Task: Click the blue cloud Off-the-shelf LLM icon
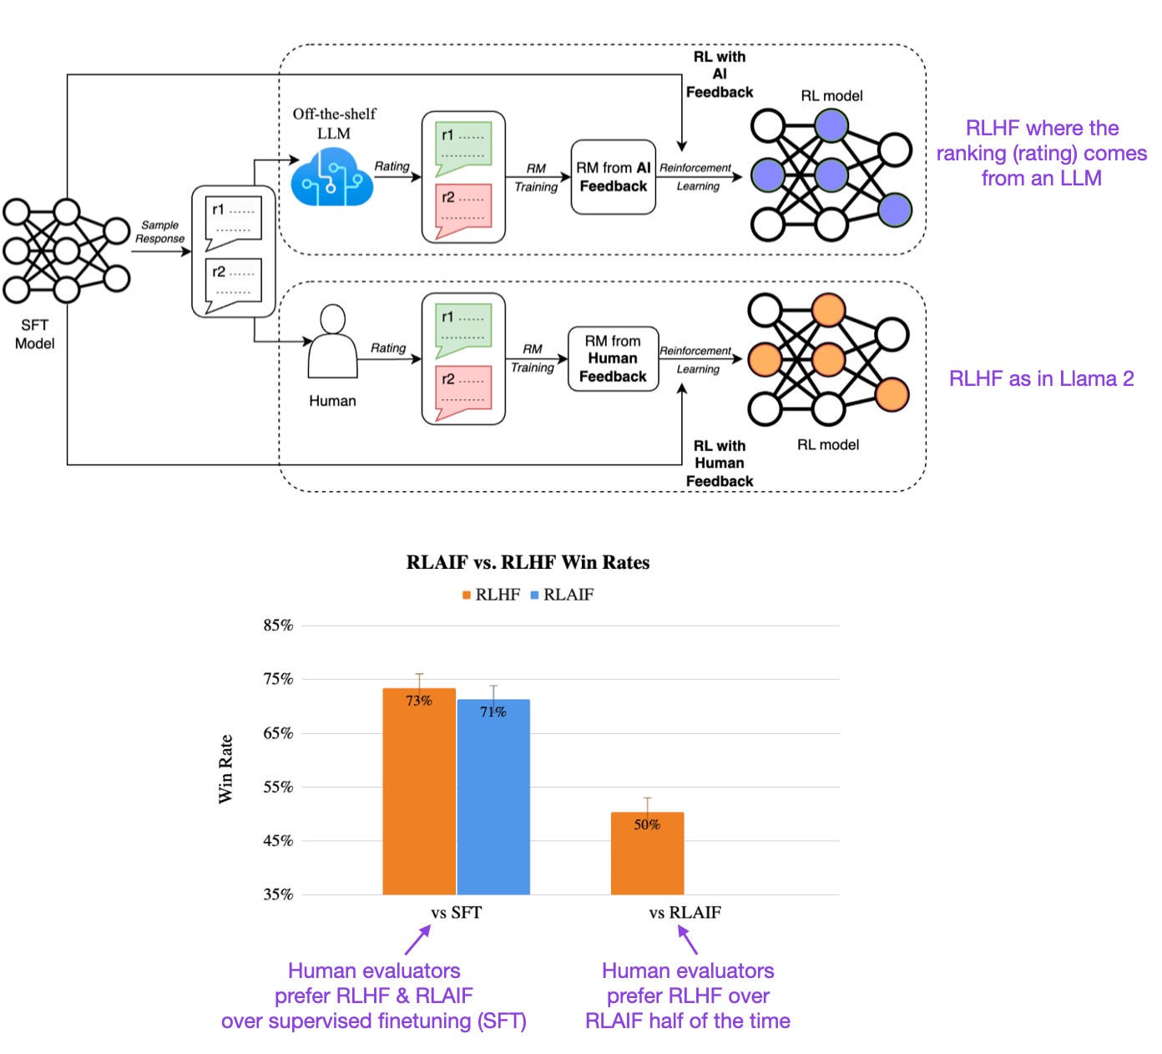(x=331, y=176)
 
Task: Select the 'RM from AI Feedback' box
(x=614, y=177)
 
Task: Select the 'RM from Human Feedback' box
(x=613, y=359)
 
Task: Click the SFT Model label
(x=35, y=334)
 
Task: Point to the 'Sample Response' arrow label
(x=159, y=231)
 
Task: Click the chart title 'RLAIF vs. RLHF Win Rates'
(x=528, y=562)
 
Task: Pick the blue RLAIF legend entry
(x=562, y=595)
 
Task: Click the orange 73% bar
(x=419, y=793)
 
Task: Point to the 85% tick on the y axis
(x=279, y=626)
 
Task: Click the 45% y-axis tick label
(x=279, y=840)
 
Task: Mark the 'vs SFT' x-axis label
(x=456, y=913)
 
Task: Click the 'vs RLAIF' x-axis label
(x=685, y=913)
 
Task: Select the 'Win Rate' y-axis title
(x=225, y=768)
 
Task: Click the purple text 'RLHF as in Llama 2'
(x=1041, y=378)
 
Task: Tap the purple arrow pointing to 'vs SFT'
(x=417, y=940)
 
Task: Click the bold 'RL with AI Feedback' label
(x=720, y=74)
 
